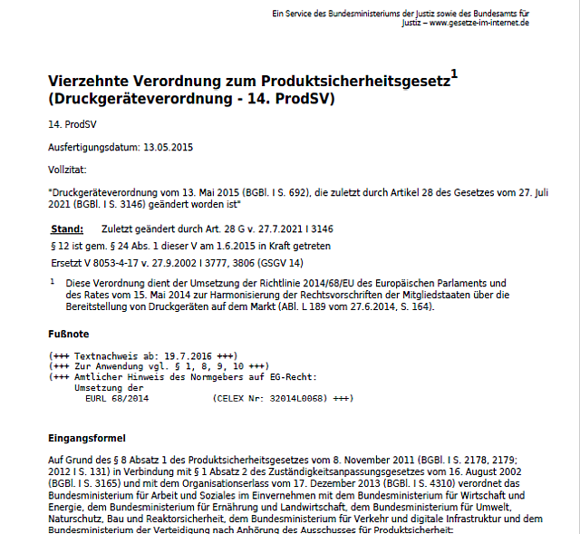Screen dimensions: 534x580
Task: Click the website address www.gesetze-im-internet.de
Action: (479, 22)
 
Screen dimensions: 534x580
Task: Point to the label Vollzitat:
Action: (66, 170)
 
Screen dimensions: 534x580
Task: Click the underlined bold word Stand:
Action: (67, 228)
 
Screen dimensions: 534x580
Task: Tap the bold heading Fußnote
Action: (68, 334)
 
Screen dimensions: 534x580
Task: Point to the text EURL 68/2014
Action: (117, 399)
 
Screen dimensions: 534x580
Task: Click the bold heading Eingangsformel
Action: (86, 438)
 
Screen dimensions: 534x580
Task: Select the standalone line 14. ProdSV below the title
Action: (66, 123)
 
